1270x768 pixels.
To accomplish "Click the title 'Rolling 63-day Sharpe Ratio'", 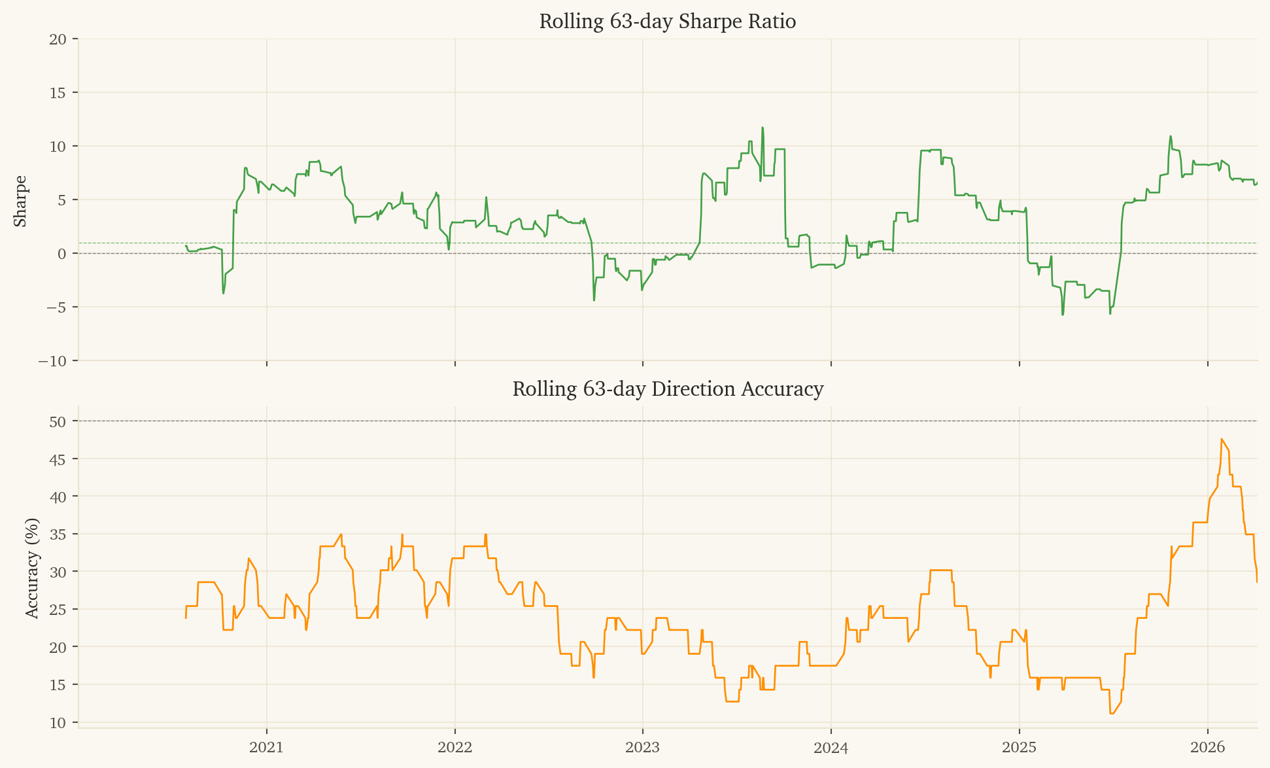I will [667, 22].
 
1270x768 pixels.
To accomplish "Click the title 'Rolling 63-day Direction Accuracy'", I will [667, 389].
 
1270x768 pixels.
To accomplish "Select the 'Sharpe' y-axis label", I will [21, 201].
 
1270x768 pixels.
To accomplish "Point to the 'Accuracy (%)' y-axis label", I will [32, 568].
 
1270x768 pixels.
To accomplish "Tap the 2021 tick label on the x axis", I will [267, 747].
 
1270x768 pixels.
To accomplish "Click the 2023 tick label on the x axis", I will [643, 747].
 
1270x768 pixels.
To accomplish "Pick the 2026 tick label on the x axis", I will [1207, 747].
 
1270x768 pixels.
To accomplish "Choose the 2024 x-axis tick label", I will [831, 747].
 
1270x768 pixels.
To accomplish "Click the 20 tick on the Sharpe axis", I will [58, 39].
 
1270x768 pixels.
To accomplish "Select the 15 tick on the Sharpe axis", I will [58, 93].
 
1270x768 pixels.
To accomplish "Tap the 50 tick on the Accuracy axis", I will [58, 422].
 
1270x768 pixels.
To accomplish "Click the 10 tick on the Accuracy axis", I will [58, 723].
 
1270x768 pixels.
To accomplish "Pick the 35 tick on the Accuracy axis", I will [58, 534].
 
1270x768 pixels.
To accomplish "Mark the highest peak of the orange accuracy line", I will [1222, 439].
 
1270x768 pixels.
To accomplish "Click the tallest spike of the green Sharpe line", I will [763, 128].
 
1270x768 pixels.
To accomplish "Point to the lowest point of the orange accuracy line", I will [1112, 714].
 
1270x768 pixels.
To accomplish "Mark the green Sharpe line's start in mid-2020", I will [186, 246].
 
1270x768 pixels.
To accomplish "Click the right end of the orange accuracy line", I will [1257, 582].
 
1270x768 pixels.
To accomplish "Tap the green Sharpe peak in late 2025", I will [1171, 136].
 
